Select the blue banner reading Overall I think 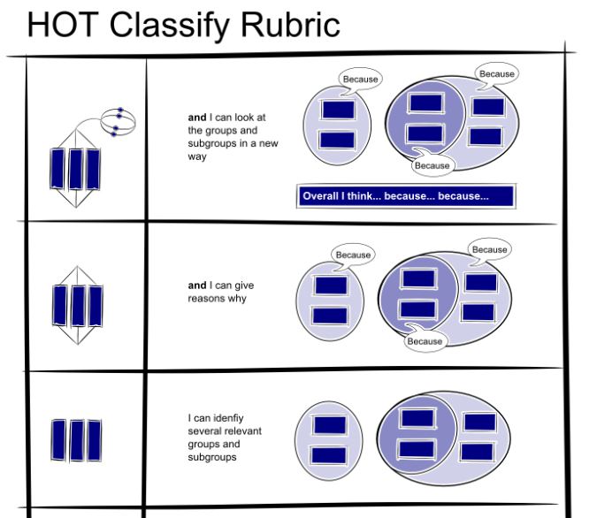[x=406, y=196]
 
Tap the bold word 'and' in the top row [x=196, y=117]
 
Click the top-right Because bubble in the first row [x=496, y=74]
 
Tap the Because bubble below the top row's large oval [x=432, y=165]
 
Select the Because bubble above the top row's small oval [x=360, y=80]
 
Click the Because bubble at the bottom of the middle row [x=425, y=341]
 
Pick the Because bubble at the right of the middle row [x=489, y=250]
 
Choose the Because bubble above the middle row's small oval [x=353, y=255]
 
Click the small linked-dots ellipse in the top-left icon [x=117, y=120]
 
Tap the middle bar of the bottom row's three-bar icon [x=75, y=438]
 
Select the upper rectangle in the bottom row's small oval [x=329, y=425]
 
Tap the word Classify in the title [x=167, y=24]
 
